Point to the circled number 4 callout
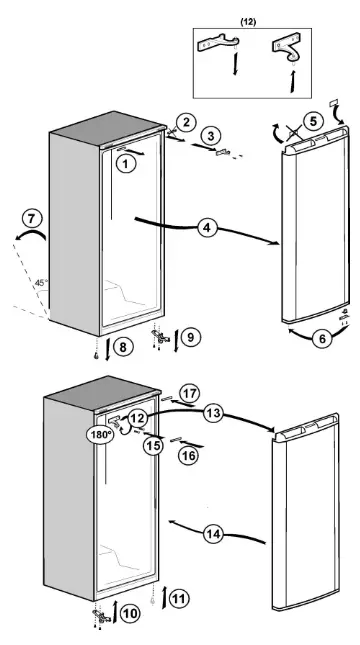point(205,228)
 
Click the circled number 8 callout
point(122,347)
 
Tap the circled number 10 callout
point(129,613)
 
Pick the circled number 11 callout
point(177,600)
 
